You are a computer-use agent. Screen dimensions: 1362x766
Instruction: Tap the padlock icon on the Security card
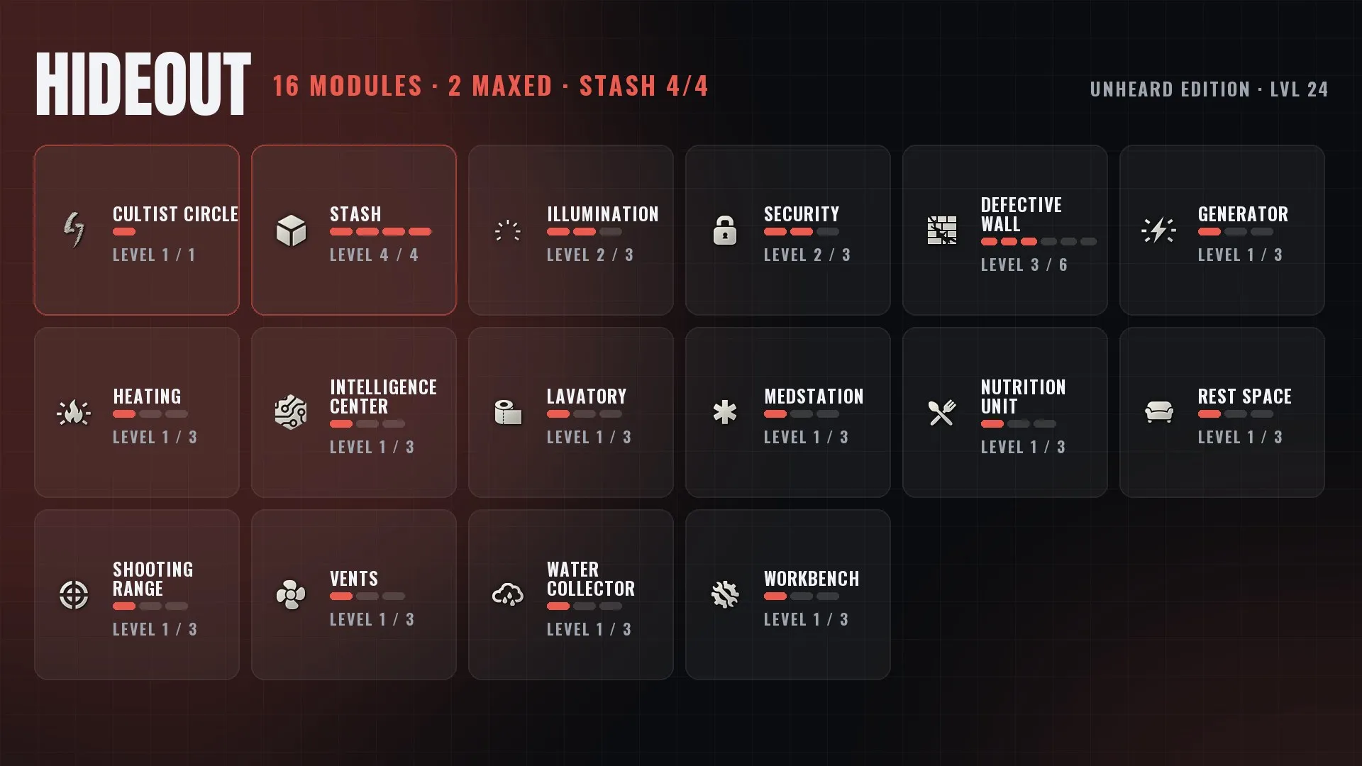(x=724, y=231)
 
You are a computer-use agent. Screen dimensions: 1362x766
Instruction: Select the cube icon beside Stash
(x=291, y=231)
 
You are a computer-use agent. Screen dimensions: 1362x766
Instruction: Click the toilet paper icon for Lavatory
(x=508, y=413)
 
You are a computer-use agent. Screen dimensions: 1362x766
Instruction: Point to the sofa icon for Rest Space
(x=1159, y=412)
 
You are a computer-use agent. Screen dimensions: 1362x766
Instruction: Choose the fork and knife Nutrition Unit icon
(x=941, y=413)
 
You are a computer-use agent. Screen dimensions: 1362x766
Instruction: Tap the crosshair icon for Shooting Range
(x=74, y=595)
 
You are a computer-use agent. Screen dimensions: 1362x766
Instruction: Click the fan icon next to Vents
(x=291, y=595)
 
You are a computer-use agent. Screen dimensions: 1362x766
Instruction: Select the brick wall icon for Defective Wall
(x=941, y=231)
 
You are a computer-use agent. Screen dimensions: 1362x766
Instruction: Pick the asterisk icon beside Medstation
(x=724, y=413)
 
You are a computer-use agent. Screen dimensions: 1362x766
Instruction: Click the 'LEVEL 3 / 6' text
(x=1024, y=265)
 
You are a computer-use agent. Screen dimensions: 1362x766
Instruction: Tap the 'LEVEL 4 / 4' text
(x=374, y=255)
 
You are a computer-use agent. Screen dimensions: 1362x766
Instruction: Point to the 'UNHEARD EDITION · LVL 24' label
(x=1209, y=89)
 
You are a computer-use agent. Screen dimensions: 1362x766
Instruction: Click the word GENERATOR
(x=1243, y=214)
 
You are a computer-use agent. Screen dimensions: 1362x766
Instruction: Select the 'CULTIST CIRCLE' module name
(x=175, y=214)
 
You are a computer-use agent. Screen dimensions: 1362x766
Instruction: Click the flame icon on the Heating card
(x=74, y=413)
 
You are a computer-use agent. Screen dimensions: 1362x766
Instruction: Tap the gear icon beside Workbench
(x=724, y=595)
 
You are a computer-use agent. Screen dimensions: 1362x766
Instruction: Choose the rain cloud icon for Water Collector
(x=508, y=595)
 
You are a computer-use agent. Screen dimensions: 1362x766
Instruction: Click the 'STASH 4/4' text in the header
(x=643, y=87)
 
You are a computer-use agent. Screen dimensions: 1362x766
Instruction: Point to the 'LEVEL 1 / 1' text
(x=154, y=255)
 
